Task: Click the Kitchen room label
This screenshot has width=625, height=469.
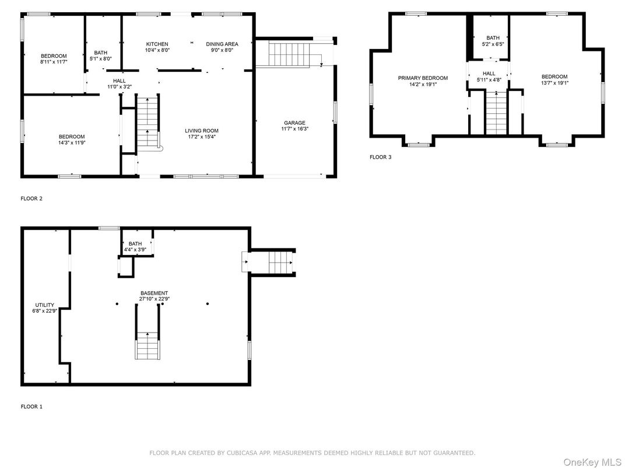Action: [x=157, y=44]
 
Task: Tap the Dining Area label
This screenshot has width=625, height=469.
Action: [x=222, y=44]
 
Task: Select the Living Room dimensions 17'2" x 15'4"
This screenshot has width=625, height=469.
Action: [x=202, y=136]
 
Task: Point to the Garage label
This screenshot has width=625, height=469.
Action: [x=294, y=123]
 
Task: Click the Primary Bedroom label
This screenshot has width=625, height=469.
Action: [x=423, y=78]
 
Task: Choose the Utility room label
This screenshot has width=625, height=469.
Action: [x=45, y=305]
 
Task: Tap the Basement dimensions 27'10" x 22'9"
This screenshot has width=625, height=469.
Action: [x=154, y=299]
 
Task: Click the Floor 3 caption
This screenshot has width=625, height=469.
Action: [x=380, y=157]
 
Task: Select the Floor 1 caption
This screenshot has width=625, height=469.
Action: [x=31, y=407]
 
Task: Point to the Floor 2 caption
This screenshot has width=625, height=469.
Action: [x=31, y=198]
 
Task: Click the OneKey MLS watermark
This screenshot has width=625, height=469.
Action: [x=592, y=462]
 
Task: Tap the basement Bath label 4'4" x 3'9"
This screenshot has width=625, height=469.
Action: [x=135, y=247]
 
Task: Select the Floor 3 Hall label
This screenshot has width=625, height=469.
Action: [x=489, y=73]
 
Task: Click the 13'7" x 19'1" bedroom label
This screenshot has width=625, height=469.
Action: [x=554, y=80]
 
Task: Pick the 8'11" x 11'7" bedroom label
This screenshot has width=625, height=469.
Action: [x=54, y=59]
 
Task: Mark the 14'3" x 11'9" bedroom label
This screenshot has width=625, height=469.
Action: [x=72, y=139]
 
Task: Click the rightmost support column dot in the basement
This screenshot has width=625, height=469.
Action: [x=208, y=304]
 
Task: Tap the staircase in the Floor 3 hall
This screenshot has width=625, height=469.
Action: [x=497, y=113]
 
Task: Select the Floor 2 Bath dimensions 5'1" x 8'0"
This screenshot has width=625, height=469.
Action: [x=101, y=58]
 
